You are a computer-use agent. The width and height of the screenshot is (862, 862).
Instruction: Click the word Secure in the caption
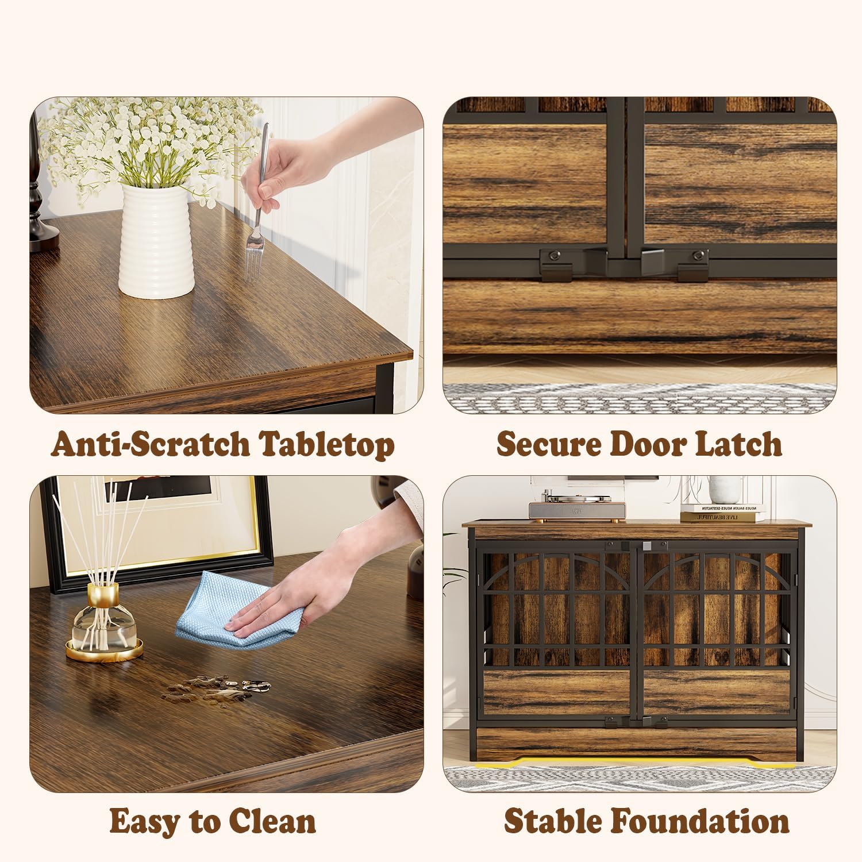click(x=545, y=444)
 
